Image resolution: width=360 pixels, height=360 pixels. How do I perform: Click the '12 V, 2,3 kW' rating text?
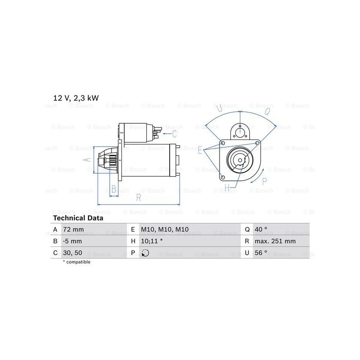[76, 98]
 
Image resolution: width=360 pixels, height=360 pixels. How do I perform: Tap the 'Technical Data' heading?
[78, 218]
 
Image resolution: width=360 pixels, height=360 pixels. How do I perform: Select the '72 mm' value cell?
[73, 229]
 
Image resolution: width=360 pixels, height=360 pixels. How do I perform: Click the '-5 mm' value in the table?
[72, 241]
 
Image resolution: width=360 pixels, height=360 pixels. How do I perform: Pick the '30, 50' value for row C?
[72, 253]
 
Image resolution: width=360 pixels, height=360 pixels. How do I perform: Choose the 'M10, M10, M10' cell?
[165, 229]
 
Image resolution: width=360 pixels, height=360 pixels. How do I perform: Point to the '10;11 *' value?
[152, 241]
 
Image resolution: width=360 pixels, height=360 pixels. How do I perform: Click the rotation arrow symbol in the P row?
[145, 253]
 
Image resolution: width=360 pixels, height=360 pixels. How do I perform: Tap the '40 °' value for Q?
[261, 229]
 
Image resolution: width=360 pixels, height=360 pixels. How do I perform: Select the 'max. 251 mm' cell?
[275, 241]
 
